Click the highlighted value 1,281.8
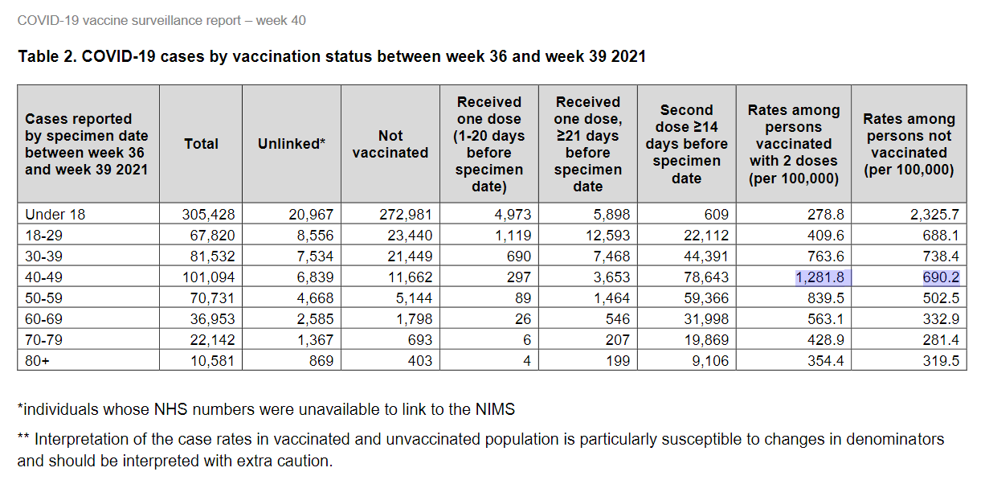[x=818, y=277]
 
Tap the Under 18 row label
[x=55, y=215]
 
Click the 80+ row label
[x=37, y=361]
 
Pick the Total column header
[x=201, y=144]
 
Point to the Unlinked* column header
[x=291, y=144]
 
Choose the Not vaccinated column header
[x=390, y=144]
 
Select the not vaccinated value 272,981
[x=405, y=215]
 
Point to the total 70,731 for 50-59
[x=210, y=298]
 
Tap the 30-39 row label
[x=46, y=256]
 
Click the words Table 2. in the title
[x=45, y=57]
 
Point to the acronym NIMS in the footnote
[x=495, y=409]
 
